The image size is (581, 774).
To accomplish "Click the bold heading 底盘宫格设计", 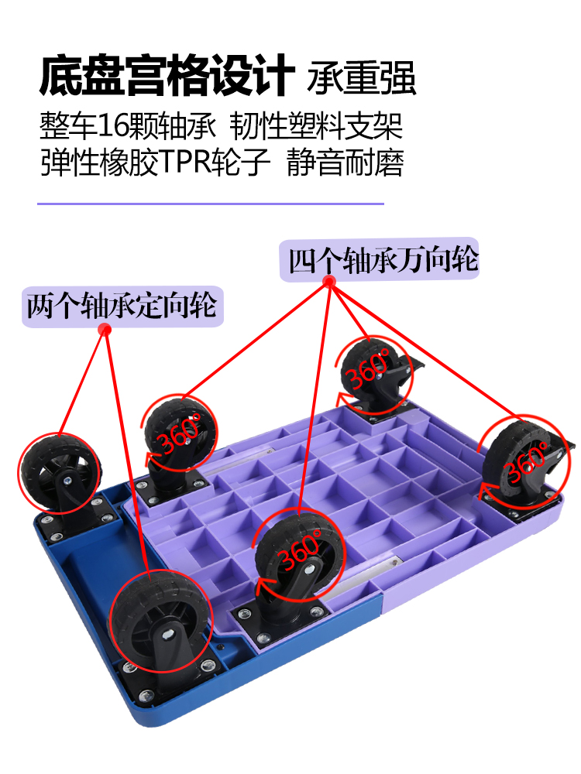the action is click(x=167, y=76).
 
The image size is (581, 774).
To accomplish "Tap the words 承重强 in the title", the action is click(x=362, y=78).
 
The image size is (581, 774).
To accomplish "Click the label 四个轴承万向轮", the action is click(x=383, y=260).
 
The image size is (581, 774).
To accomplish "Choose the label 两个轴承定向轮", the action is click(x=122, y=307).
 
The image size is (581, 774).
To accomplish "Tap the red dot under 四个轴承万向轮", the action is click(x=328, y=283).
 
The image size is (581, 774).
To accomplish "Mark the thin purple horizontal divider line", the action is click(x=211, y=204).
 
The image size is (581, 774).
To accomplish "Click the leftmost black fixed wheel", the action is click(x=60, y=472).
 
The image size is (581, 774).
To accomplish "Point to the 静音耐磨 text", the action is click(x=346, y=163).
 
